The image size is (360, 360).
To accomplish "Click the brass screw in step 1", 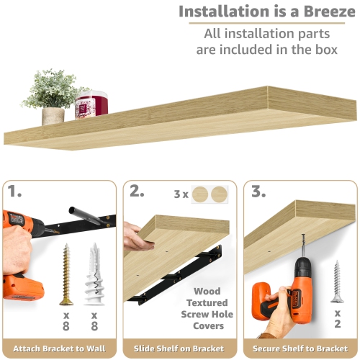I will [67, 274].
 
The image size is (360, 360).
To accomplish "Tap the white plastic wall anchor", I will [92, 274].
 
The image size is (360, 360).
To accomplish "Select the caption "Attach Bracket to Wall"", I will [59, 348].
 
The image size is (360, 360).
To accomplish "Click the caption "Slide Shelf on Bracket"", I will [180, 348].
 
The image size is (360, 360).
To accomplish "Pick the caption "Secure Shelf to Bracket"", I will [300, 348].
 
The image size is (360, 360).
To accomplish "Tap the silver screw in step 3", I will [336, 282].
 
